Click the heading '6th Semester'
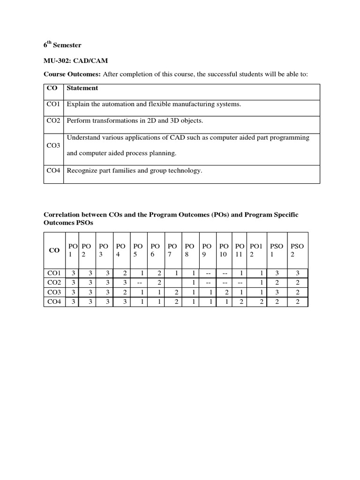pos(62,45)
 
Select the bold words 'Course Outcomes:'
pos(72,74)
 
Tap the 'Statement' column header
pos(82,88)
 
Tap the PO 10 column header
pos(223,250)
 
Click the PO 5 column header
pos(138,250)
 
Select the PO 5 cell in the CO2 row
pos(138,283)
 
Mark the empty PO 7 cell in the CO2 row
pos(172,283)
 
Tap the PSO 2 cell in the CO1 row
pos(298,273)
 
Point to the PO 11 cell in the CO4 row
pos(240,301)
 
